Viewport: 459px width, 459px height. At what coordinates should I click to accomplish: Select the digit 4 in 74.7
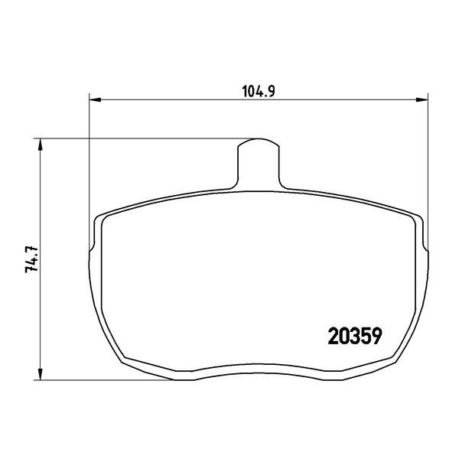[x=31, y=264]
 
